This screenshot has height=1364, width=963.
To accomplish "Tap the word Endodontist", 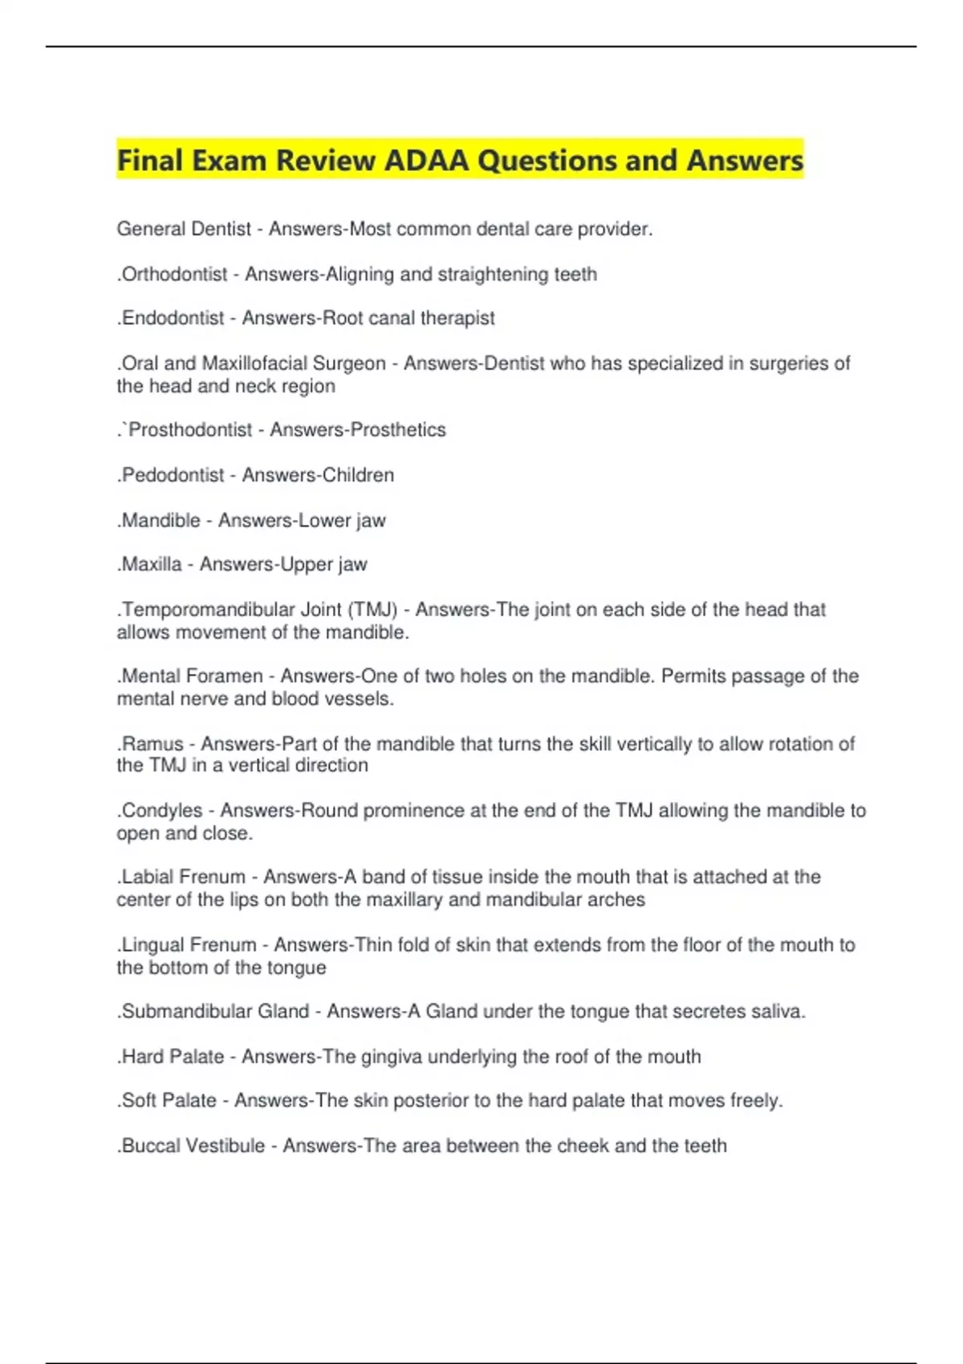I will coord(173,319).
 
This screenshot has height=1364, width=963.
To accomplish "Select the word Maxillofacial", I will coord(254,363).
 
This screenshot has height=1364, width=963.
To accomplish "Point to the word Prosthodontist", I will coord(190,430).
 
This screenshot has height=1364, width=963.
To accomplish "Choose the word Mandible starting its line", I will coord(160,521).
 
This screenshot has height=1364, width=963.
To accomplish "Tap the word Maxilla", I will coord(152,565).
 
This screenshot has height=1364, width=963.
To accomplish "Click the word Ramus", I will coord(152,744).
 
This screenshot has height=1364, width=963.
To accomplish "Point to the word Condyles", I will coord(162,810).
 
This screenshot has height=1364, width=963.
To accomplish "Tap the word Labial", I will coord(148,877).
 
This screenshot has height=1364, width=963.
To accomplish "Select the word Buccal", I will coord(151,1146).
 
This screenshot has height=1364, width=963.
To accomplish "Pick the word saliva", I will coord(778,1012).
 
